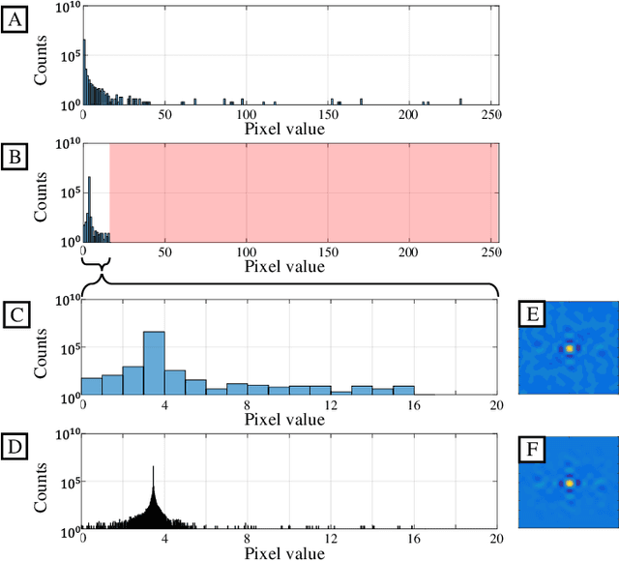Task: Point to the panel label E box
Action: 534,314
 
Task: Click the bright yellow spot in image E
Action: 570,347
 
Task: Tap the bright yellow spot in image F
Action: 570,482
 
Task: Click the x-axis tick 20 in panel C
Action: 496,405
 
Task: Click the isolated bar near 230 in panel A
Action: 460,102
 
